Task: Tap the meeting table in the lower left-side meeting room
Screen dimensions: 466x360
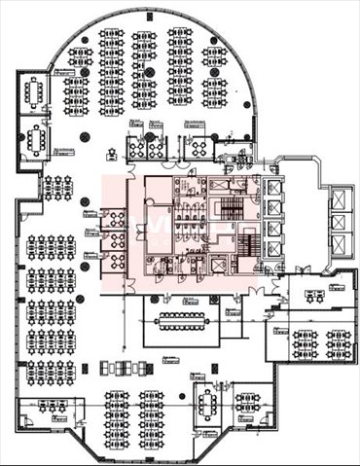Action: click(37, 140)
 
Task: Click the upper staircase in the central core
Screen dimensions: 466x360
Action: click(232, 207)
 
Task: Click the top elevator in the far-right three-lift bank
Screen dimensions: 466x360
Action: click(340, 199)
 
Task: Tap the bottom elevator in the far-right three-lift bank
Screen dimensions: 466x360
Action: click(340, 244)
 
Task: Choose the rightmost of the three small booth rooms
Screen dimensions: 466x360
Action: click(198, 146)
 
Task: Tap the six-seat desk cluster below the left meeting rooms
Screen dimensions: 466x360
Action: click(56, 188)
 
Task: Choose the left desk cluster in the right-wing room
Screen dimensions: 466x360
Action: click(306, 343)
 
